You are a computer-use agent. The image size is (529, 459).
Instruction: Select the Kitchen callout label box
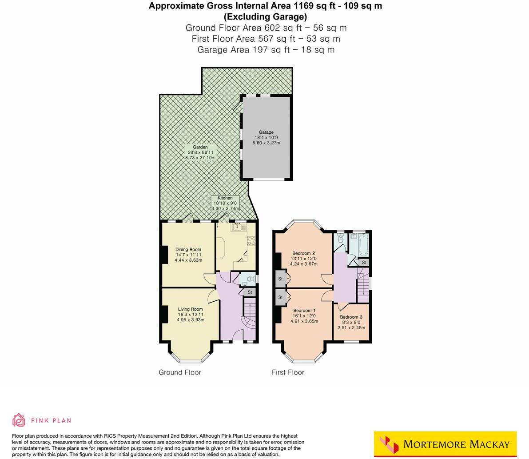(225, 203)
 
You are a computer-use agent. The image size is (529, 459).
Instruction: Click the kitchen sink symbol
(238, 227)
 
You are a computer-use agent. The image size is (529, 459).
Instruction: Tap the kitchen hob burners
(251, 240)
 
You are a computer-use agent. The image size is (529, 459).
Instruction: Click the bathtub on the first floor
(359, 245)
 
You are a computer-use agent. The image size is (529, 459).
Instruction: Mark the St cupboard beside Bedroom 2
(281, 279)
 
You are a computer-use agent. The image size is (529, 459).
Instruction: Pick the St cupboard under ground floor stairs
(250, 292)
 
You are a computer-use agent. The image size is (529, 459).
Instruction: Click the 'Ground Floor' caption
(180, 372)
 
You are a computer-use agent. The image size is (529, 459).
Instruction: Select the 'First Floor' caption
(288, 372)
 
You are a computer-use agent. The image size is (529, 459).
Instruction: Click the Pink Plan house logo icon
(19, 420)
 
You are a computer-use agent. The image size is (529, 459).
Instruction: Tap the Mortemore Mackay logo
(445, 444)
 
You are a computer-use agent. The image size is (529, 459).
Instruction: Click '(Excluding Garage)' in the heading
(265, 17)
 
